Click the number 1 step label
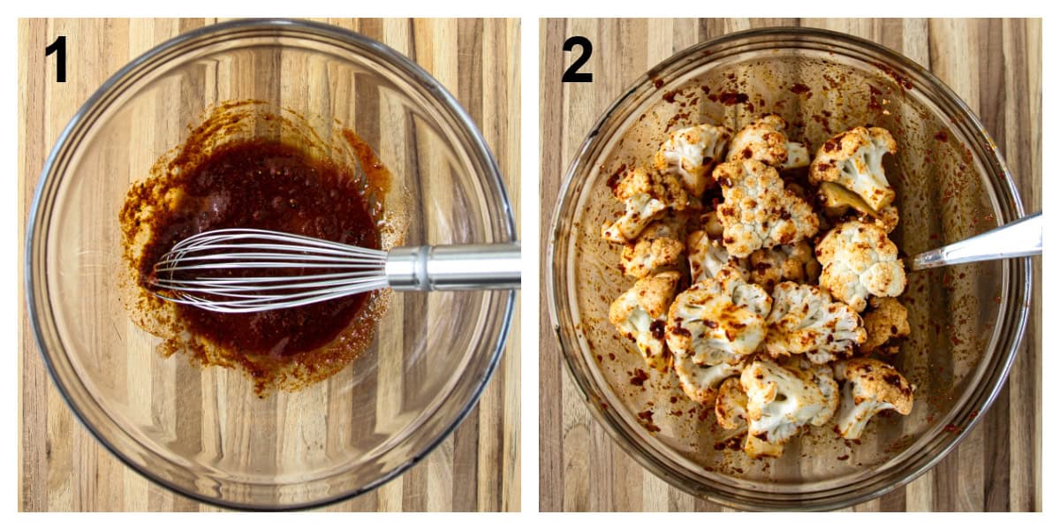click(57, 59)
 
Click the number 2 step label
click(577, 59)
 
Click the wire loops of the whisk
click(265, 269)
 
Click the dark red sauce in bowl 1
click(256, 190)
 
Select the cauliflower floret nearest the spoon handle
click(859, 263)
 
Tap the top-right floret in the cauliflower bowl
click(854, 163)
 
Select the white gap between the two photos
click(530, 265)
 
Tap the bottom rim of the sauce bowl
click(265, 503)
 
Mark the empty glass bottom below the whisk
click(265, 424)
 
